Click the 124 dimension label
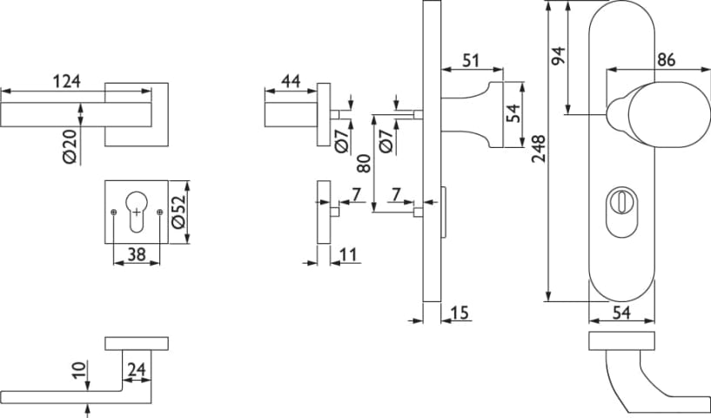point(67,82)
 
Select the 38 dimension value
point(137,254)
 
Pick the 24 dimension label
point(136,370)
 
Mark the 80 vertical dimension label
point(365,162)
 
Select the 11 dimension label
point(348,254)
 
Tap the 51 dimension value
point(471,60)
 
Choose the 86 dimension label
point(667,60)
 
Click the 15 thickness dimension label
point(461,311)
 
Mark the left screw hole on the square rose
point(114,212)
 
